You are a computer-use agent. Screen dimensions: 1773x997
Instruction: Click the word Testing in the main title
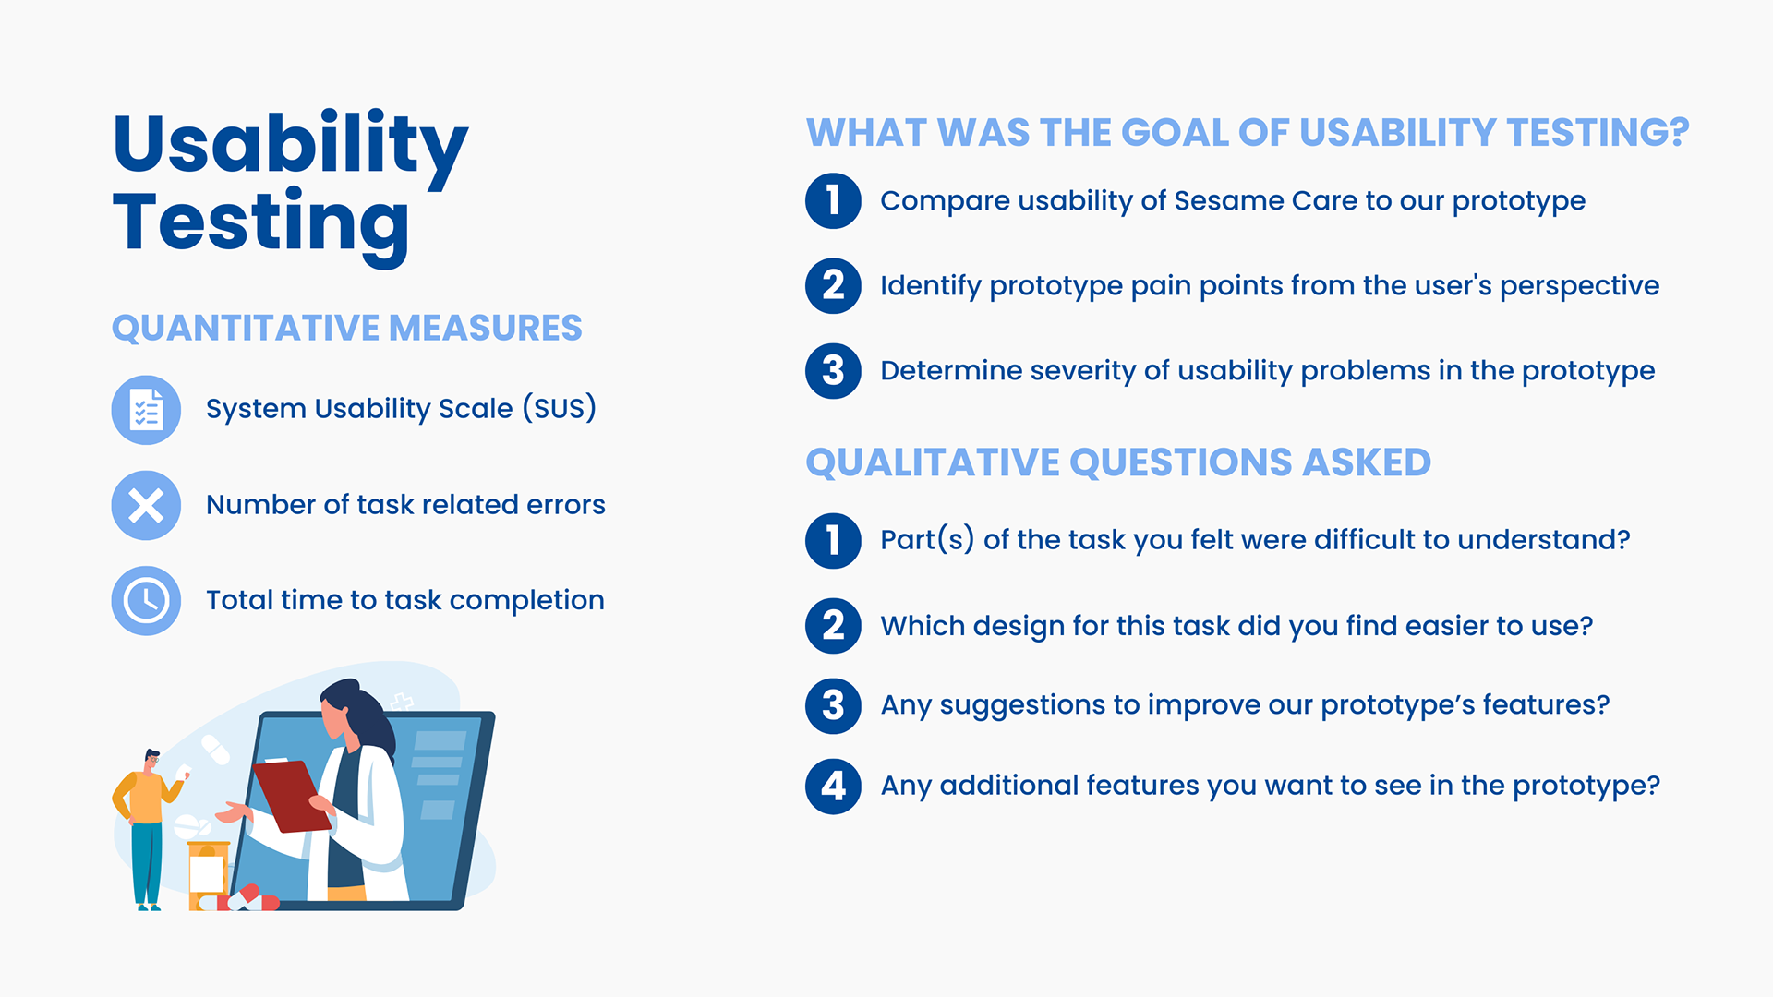coord(261,224)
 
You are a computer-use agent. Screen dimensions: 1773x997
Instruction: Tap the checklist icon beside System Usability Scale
coord(146,410)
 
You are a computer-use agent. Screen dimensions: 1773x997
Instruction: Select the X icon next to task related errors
coord(146,505)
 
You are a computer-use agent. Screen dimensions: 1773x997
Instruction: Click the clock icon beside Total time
coord(146,601)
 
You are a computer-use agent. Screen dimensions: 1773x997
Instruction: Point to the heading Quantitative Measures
coord(347,329)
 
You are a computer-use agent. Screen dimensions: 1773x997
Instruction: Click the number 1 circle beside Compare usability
coord(833,201)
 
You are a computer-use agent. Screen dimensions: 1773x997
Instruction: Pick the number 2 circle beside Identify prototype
coord(833,286)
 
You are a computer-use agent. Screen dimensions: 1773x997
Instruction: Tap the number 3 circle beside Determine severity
coord(833,371)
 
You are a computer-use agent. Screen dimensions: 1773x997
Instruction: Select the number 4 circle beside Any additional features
coord(833,787)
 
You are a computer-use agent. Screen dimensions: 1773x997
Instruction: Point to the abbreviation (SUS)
coord(560,408)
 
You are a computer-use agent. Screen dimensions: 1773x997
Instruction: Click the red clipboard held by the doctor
coord(292,796)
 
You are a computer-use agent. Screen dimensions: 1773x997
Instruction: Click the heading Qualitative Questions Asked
coord(1118,462)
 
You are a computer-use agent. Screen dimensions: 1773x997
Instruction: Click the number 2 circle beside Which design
coord(833,626)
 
